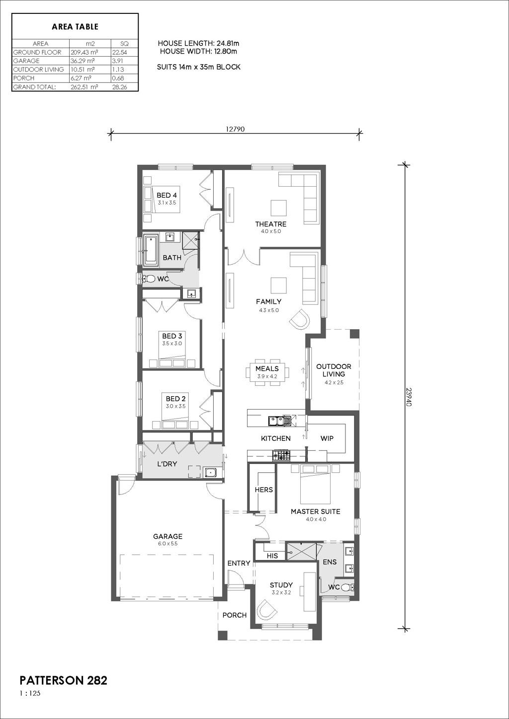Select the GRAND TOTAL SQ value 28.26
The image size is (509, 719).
click(x=119, y=87)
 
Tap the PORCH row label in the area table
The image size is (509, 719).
click(x=24, y=78)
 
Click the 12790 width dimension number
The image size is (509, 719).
click(x=235, y=130)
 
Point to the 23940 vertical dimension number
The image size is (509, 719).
click(x=409, y=397)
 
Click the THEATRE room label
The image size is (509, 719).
click(x=270, y=224)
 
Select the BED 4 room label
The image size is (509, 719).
click(x=167, y=195)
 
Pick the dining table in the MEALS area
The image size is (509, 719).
click(x=267, y=372)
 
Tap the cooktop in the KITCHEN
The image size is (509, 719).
click(x=281, y=455)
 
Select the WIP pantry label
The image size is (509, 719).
click(x=327, y=438)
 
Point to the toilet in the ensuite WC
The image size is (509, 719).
click(x=347, y=587)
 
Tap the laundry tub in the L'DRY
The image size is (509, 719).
click(x=210, y=472)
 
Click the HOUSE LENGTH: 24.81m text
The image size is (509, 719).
click(x=199, y=43)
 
